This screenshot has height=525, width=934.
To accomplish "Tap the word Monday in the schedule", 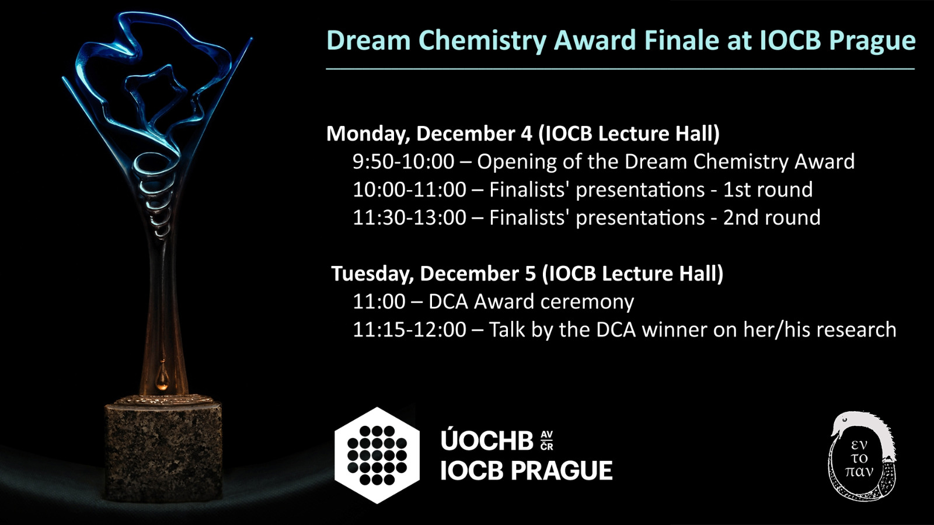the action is pyautogui.click(x=367, y=134).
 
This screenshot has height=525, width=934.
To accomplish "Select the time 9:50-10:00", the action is pyautogui.click(x=403, y=162).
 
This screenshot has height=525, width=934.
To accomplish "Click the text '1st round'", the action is pyautogui.click(x=768, y=190).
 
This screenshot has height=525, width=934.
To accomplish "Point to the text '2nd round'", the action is pyautogui.click(x=771, y=218).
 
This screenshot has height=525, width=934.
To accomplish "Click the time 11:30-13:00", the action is pyautogui.click(x=409, y=218).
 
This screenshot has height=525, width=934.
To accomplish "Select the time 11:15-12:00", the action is pyautogui.click(x=409, y=330).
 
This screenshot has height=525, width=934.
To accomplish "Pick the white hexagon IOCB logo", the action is pyautogui.click(x=377, y=456).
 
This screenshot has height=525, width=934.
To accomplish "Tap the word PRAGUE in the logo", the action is pyautogui.click(x=562, y=471).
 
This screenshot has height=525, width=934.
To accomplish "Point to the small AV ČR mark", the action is pyautogui.click(x=546, y=441).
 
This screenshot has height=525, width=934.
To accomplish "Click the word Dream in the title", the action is pyautogui.click(x=368, y=40).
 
